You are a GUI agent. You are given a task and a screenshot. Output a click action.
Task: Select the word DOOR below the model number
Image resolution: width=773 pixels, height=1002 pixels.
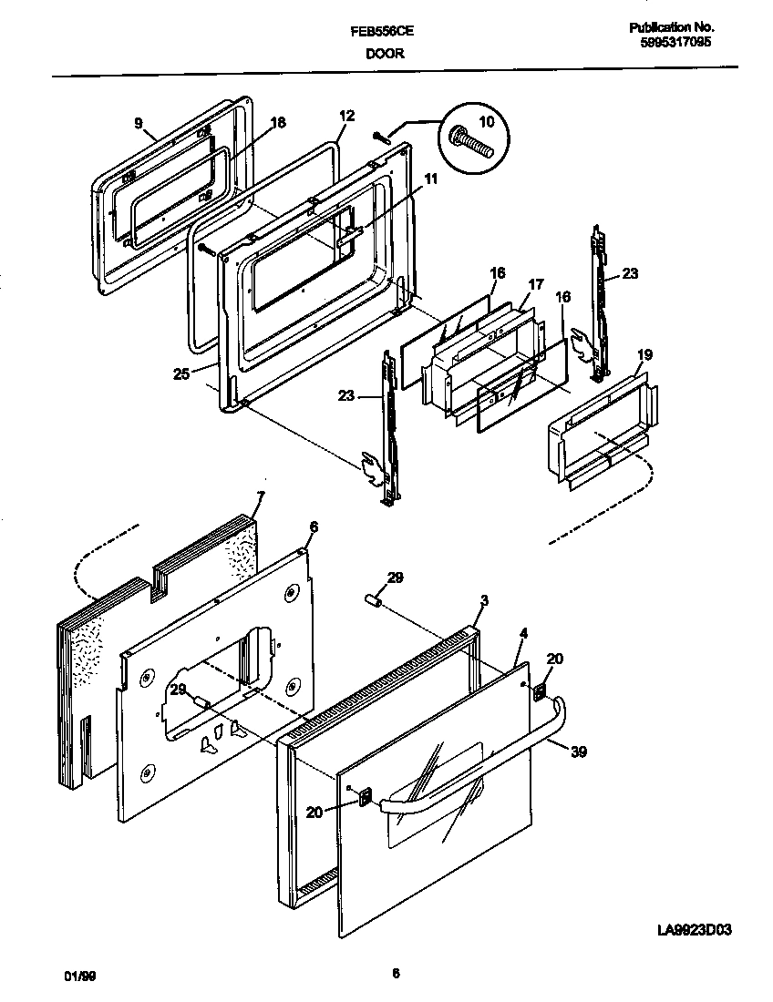click(x=385, y=54)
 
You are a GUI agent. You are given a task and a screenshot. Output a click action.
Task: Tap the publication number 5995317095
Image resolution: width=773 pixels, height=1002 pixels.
click(x=672, y=42)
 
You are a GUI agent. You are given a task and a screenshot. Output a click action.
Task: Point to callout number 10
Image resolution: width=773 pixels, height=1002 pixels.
click(x=485, y=121)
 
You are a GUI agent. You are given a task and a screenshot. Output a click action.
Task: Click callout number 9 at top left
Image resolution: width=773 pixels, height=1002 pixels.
click(x=138, y=123)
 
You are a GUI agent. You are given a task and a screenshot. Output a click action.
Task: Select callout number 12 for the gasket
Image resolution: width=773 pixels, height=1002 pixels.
click(x=346, y=117)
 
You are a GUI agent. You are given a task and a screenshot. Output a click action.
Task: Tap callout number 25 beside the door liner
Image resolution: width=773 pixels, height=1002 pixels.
click(x=180, y=373)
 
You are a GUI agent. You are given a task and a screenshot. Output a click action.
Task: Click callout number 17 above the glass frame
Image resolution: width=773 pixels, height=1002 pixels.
click(x=535, y=285)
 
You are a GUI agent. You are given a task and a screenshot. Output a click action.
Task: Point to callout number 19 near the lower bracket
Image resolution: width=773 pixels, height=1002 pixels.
click(x=644, y=355)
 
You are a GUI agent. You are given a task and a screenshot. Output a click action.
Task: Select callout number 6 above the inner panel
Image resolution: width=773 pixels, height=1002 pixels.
click(x=314, y=527)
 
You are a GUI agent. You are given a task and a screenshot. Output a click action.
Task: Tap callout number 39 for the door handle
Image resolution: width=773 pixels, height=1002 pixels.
click(x=579, y=751)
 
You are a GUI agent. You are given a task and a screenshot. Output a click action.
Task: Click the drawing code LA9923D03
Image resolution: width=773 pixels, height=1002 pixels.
click(x=696, y=930)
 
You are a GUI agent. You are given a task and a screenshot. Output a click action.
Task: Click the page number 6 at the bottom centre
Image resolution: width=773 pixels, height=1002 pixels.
click(x=396, y=974)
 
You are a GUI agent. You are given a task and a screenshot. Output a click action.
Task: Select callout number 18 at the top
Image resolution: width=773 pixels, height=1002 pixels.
click(x=278, y=123)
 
